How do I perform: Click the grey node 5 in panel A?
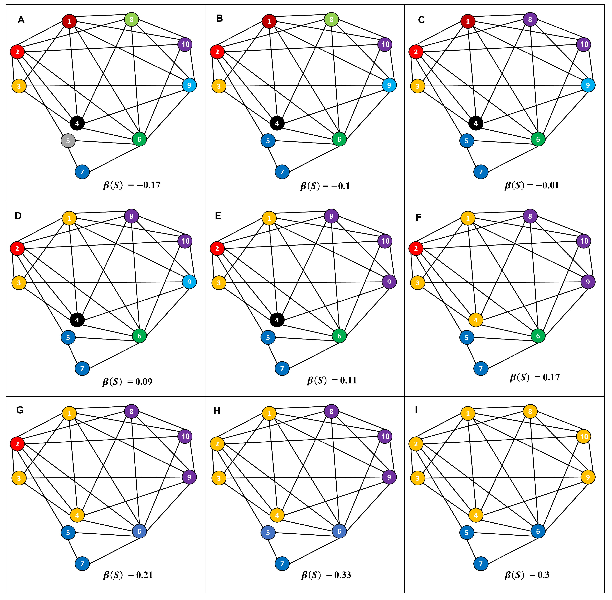coord(68,141)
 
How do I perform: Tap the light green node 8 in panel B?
coord(331,20)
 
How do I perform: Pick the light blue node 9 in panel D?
coord(189,282)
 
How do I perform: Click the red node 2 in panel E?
coord(217,249)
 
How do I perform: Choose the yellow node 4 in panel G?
coord(77,515)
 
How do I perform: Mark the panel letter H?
coord(217,411)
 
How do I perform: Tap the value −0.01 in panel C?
coord(547,185)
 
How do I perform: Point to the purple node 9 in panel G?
coord(189,477)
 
